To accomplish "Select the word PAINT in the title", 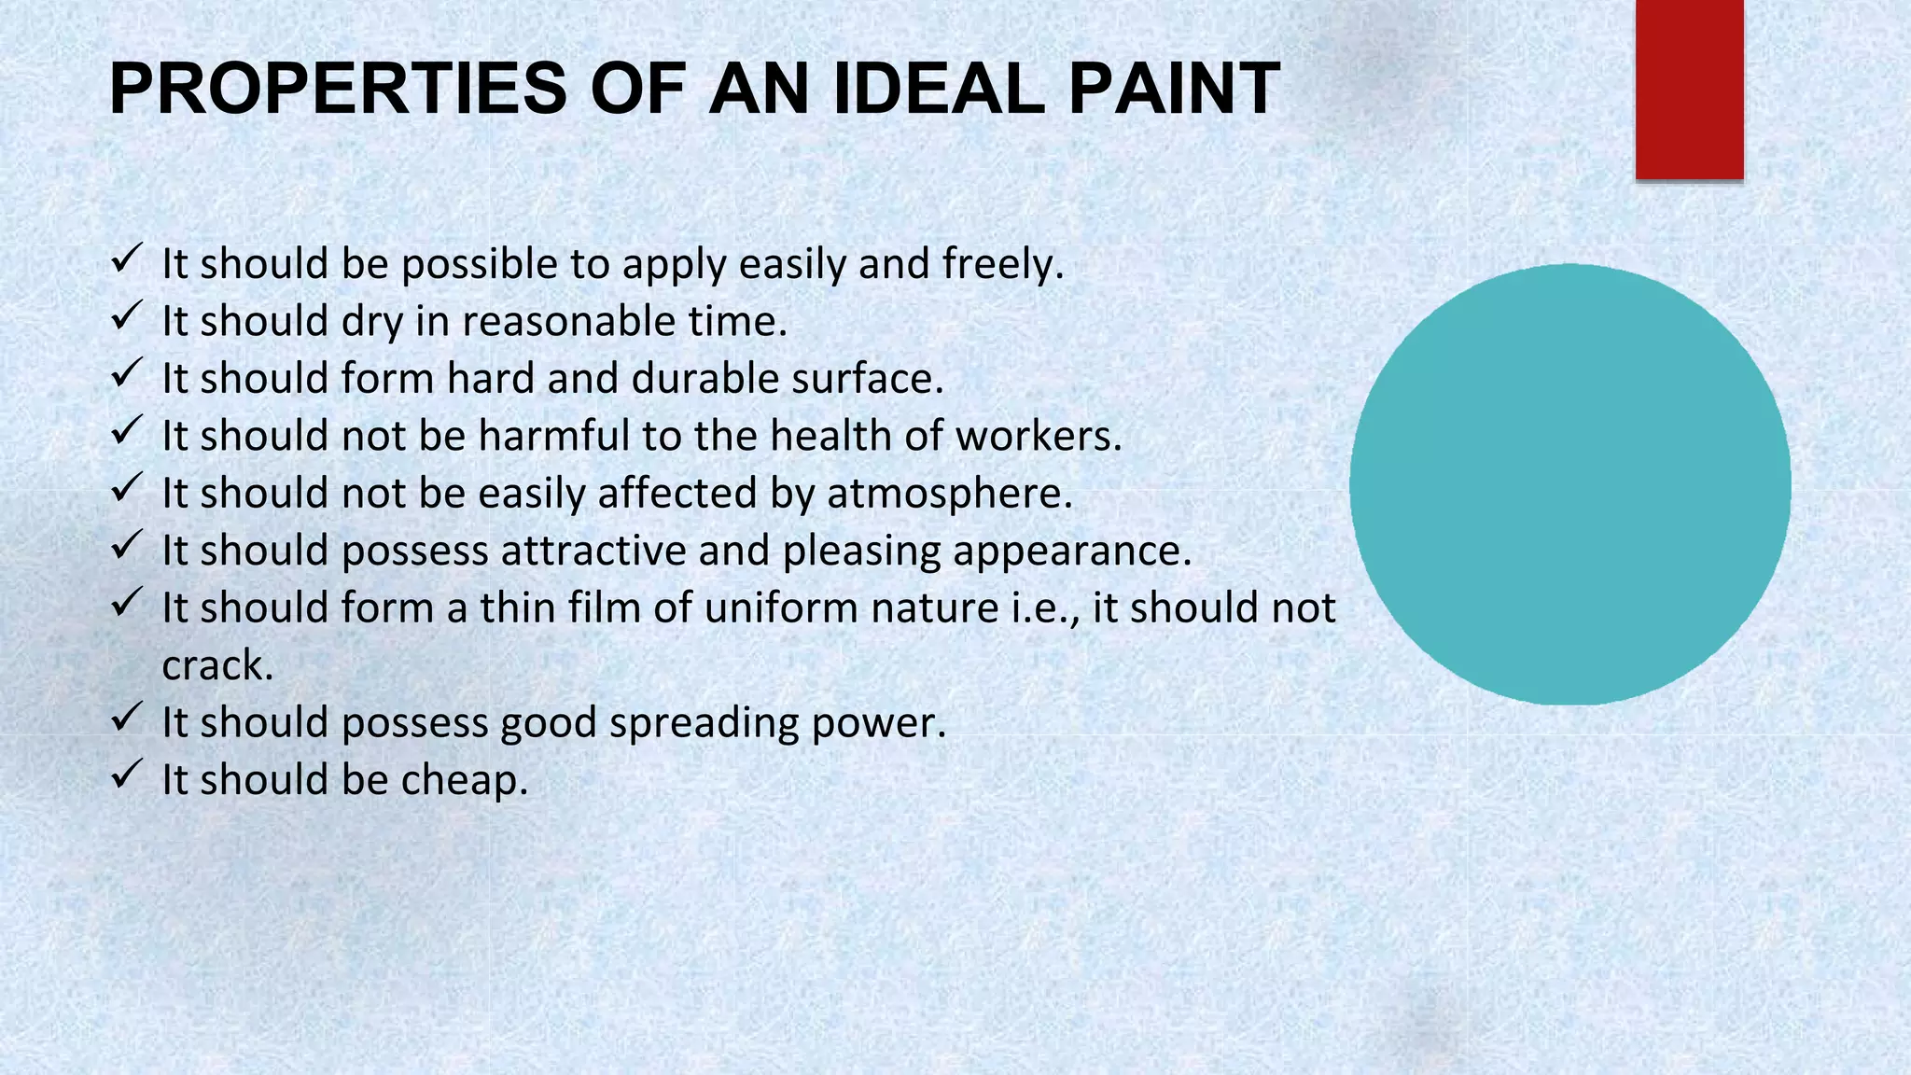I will pyautogui.click(x=1174, y=89).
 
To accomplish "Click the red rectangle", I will pyautogui.click(x=1689, y=89).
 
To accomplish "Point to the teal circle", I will pyautogui.click(x=1569, y=484).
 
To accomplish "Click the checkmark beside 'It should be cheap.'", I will pyautogui.click(x=126, y=775).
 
